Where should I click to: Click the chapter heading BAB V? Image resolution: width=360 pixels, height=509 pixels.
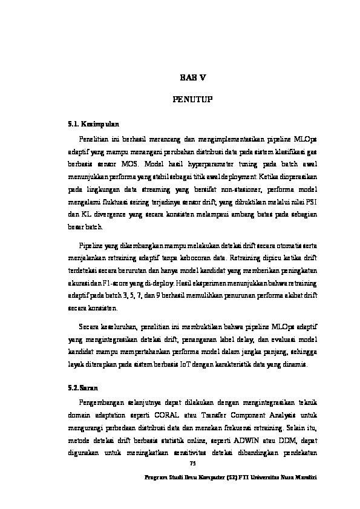(x=193, y=76)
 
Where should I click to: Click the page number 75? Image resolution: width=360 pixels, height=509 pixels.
(x=193, y=463)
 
